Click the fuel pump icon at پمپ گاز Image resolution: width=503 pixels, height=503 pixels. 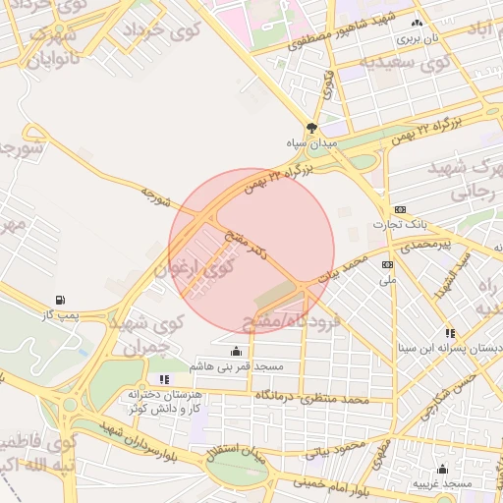click(x=62, y=300)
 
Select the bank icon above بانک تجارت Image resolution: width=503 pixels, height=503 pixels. click(x=400, y=209)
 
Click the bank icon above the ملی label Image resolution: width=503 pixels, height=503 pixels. click(x=388, y=264)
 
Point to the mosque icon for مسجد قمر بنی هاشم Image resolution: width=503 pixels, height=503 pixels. click(x=235, y=351)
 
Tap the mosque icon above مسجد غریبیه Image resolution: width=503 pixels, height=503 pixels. click(x=443, y=469)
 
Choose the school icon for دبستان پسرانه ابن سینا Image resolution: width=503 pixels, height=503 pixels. click(x=450, y=333)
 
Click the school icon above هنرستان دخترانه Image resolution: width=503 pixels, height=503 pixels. click(x=164, y=378)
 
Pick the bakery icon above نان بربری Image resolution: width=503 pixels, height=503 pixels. click(x=418, y=24)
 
